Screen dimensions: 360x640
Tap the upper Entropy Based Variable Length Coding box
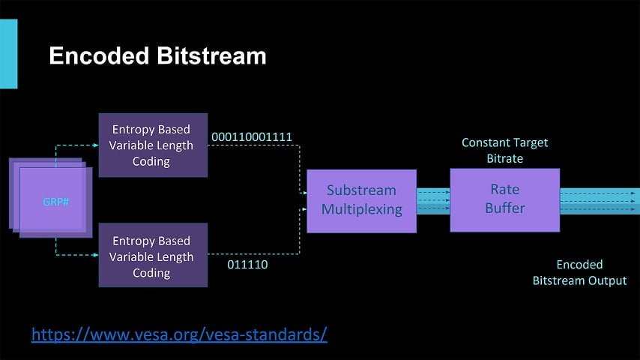click(153, 145)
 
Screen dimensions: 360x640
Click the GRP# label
click(55, 202)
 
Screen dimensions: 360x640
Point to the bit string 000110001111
click(252, 136)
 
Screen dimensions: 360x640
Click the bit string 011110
click(247, 264)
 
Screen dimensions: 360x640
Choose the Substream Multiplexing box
click(361, 200)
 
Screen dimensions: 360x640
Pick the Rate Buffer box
click(504, 199)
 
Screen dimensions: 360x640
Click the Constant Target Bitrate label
click(504, 150)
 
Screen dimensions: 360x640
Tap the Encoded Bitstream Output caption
click(579, 272)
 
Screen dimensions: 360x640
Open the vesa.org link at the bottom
click(179, 334)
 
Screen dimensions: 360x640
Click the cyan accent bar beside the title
click(8, 54)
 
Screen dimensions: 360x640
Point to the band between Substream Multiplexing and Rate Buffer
click(433, 201)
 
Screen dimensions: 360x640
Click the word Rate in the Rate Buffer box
click(504, 190)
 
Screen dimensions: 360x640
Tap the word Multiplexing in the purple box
click(361, 209)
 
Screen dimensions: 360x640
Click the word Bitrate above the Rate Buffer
click(504, 159)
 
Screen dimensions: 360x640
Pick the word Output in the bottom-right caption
click(607, 280)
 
